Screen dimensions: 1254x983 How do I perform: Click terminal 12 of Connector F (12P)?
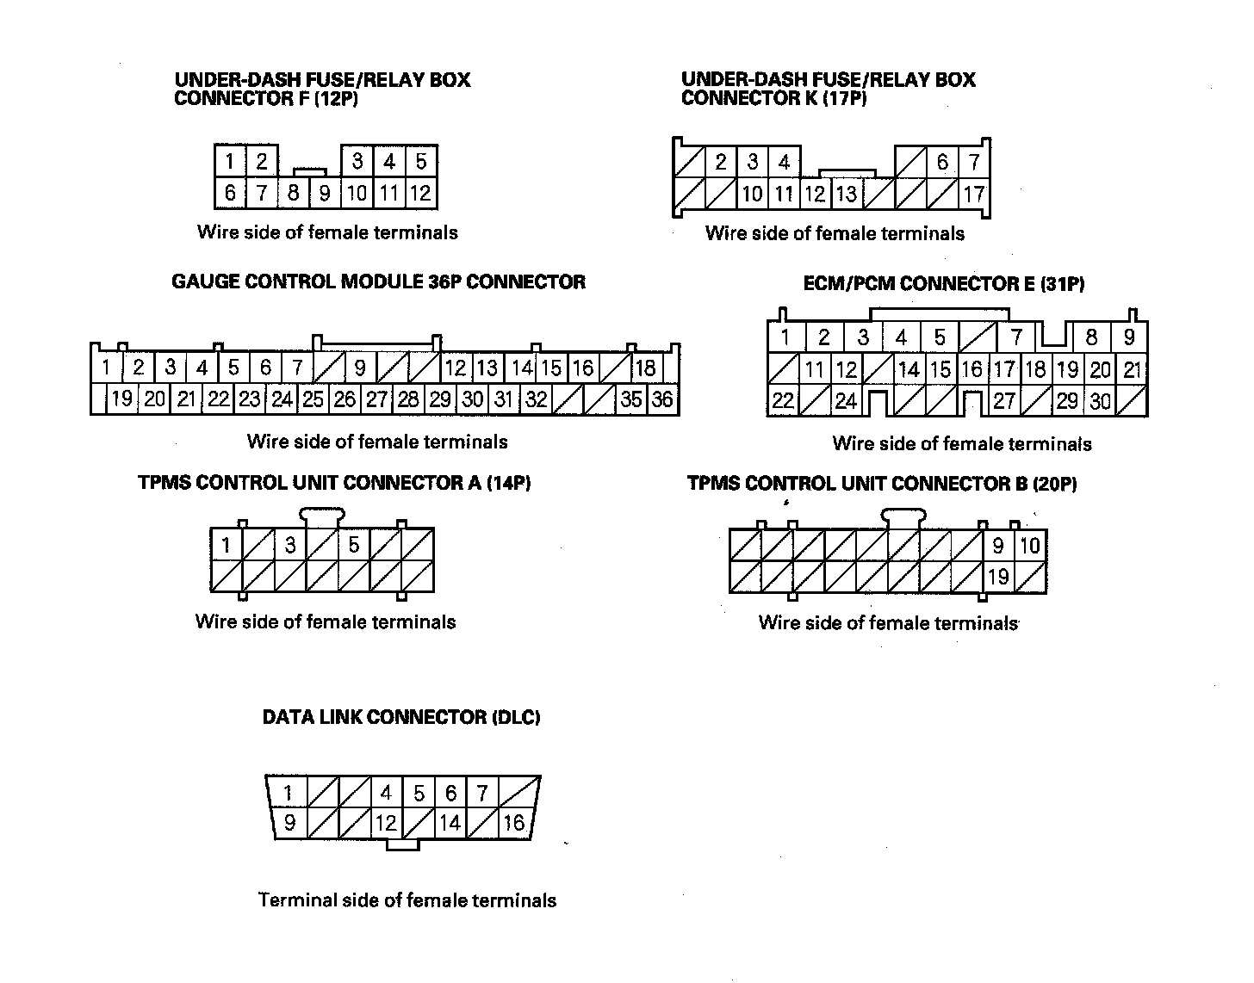coord(421,193)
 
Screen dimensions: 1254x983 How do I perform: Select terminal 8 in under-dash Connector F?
coord(293,193)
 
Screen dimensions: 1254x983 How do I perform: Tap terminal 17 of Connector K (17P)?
coord(973,195)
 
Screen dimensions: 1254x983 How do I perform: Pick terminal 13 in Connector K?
coord(847,195)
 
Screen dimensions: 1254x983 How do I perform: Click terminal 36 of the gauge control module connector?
coord(662,399)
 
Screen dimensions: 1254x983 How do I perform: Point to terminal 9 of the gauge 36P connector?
coord(359,368)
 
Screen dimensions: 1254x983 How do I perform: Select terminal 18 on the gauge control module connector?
coord(645,368)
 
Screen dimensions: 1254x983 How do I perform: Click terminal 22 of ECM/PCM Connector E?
coord(782,401)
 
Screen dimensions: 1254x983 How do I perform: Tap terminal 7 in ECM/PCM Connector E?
coord(1016,337)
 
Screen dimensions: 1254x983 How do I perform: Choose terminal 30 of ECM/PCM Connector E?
coord(1100,401)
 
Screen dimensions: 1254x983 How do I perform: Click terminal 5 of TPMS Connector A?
coord(353,545)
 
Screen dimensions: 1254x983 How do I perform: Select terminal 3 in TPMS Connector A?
coord(290,545)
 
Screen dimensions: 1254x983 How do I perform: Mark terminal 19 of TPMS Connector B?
coord(998,577)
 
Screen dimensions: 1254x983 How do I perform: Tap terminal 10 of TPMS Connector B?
coord(1030,546)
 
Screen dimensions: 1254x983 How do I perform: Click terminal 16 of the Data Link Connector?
coord(513,823)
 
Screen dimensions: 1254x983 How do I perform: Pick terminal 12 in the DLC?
coord(386,823)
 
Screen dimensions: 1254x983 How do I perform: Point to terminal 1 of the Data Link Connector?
coord(289,793)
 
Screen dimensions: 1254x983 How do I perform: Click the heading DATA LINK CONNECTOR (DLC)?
coord(401,717)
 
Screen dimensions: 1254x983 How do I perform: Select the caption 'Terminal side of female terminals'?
coord(407,900)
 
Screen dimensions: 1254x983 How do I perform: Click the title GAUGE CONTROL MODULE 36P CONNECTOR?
coord(378,281)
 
